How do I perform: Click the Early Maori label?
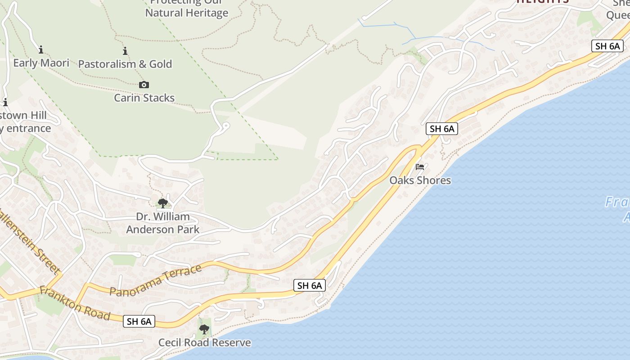[x=41, y=63]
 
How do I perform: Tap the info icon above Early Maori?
[x=41, y=49]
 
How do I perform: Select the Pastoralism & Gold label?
[x=125, y=64]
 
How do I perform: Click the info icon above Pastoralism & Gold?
[x=125, y=51]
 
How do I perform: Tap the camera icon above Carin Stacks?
[x=144, y=85]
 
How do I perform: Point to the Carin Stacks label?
[x=144, y=98]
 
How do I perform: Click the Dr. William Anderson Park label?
[x=162, y=223]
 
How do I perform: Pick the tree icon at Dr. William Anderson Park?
[x=163, y=203]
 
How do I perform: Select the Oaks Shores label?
[x=420, y=180]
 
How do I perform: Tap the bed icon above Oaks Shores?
[x=420, y=167]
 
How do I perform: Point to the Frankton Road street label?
[x=75, y=303]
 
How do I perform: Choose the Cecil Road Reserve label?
[x=204, y=342]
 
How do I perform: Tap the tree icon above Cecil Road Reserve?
[x=204, y=329]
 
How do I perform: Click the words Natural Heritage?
[x=186, y=13]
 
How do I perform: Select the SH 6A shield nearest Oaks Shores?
[x=442, y=129]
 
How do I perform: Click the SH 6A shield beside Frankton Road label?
[x=139, y=321]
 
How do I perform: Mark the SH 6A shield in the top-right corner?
[x=607, y=46]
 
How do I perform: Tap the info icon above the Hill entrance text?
[x=5, y=102]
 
